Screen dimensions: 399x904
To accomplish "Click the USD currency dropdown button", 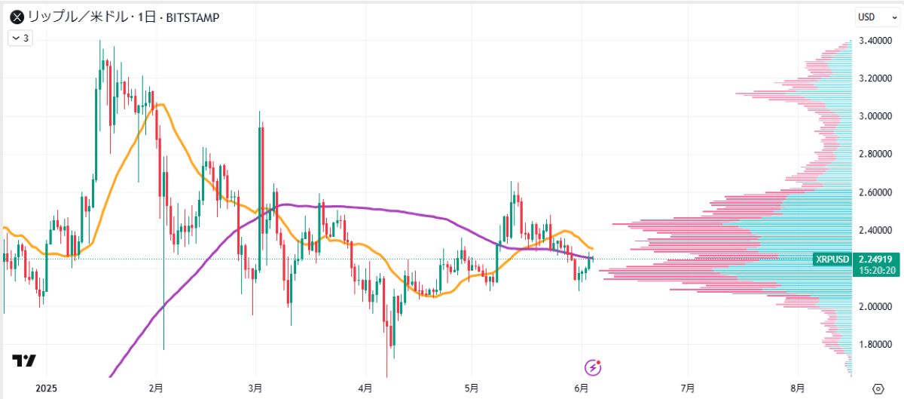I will coord(870,17).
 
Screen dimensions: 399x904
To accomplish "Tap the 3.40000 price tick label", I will coord(878,41).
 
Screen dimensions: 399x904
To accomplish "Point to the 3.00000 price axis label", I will coord(878,116).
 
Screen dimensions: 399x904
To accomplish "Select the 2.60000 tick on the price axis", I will coord(878,192).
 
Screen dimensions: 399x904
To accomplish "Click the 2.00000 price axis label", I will coord(878,306).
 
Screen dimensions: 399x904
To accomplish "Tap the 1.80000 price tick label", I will coord(878,345).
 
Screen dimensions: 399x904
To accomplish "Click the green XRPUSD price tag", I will coord(832,259).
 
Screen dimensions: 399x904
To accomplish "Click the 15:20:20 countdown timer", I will coord(876,271).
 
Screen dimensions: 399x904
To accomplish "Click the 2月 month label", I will coord(156,388).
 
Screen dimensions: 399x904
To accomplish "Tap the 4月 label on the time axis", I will coord(365,388).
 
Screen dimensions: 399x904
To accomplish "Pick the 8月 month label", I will coord(798,388).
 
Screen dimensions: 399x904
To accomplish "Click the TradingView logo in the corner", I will coord(25,362).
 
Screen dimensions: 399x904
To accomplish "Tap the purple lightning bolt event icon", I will coord(594,367).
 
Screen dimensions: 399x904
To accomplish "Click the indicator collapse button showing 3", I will coord(20,38).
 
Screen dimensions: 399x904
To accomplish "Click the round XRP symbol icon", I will coord(15,17).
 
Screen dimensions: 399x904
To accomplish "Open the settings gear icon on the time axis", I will coord(877,388).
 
